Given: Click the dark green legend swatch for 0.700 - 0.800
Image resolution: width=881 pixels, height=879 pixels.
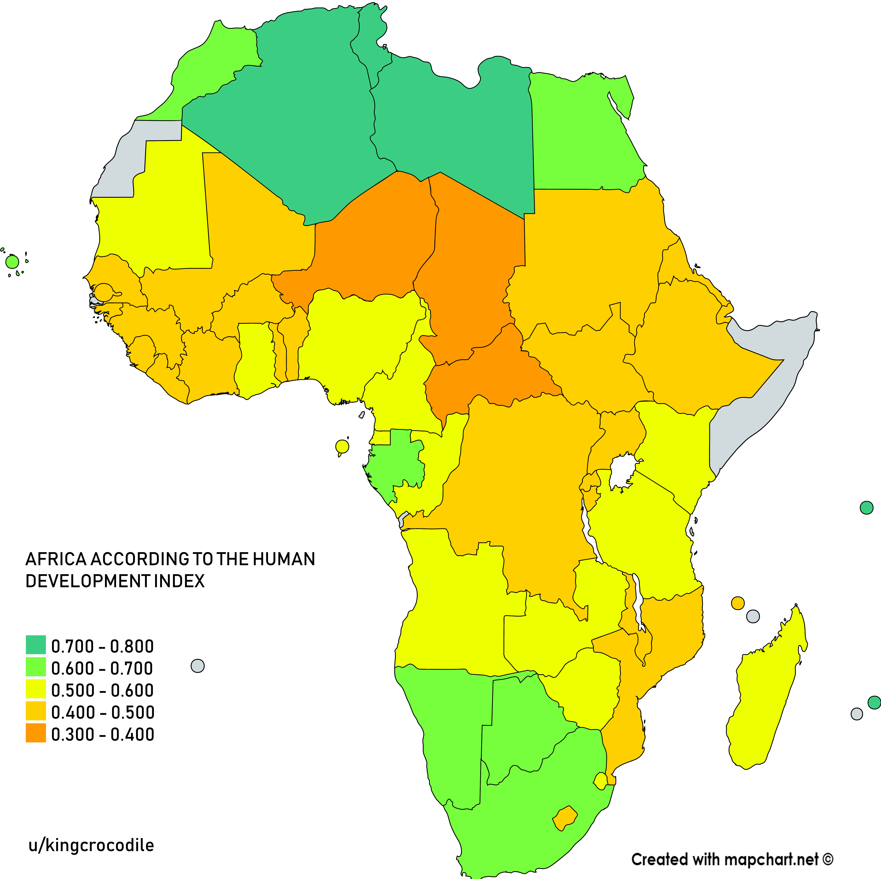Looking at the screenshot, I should [36, 645].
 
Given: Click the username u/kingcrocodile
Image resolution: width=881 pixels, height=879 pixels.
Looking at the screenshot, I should [91, 845].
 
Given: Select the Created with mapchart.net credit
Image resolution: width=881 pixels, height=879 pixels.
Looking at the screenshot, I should [732, 859].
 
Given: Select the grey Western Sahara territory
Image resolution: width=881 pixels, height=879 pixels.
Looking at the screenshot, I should [137, 150].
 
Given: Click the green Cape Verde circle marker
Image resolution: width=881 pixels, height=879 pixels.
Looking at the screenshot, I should [12, 262].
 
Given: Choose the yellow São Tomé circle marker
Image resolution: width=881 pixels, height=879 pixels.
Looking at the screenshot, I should [342, 446].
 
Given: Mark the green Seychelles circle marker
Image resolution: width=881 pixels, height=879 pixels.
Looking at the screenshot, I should [866, 507].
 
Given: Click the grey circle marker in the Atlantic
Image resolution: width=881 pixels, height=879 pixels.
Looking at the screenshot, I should [197, 666].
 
